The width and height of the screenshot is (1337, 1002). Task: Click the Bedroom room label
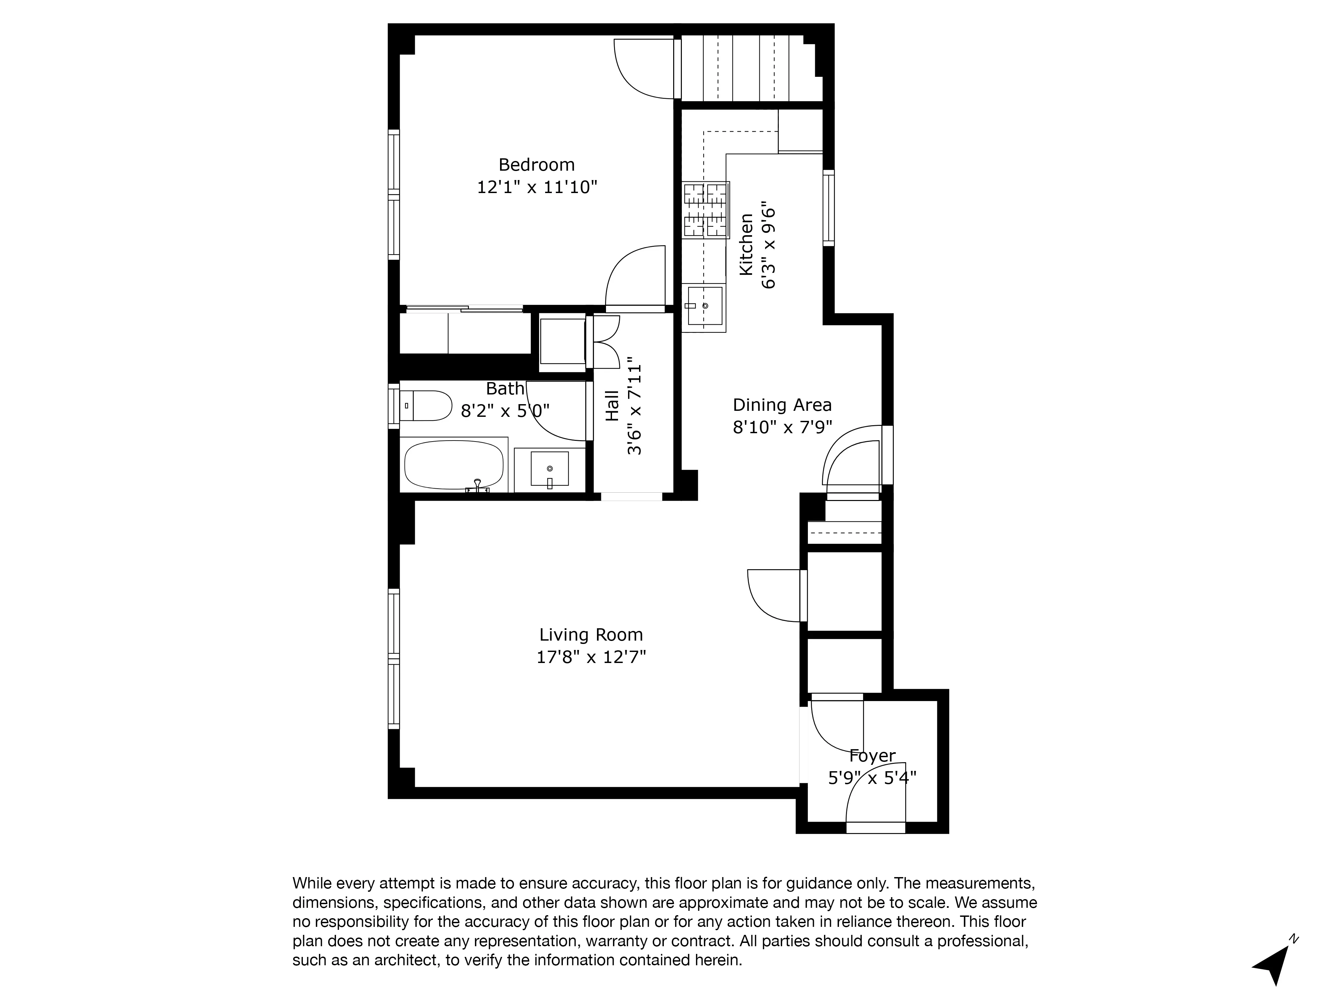536,164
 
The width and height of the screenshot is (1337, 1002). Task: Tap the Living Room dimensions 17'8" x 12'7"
591,657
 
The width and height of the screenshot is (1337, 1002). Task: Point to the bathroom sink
550,469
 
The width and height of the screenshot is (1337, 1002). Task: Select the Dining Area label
782,405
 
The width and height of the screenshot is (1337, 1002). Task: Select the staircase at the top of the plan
749,68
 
